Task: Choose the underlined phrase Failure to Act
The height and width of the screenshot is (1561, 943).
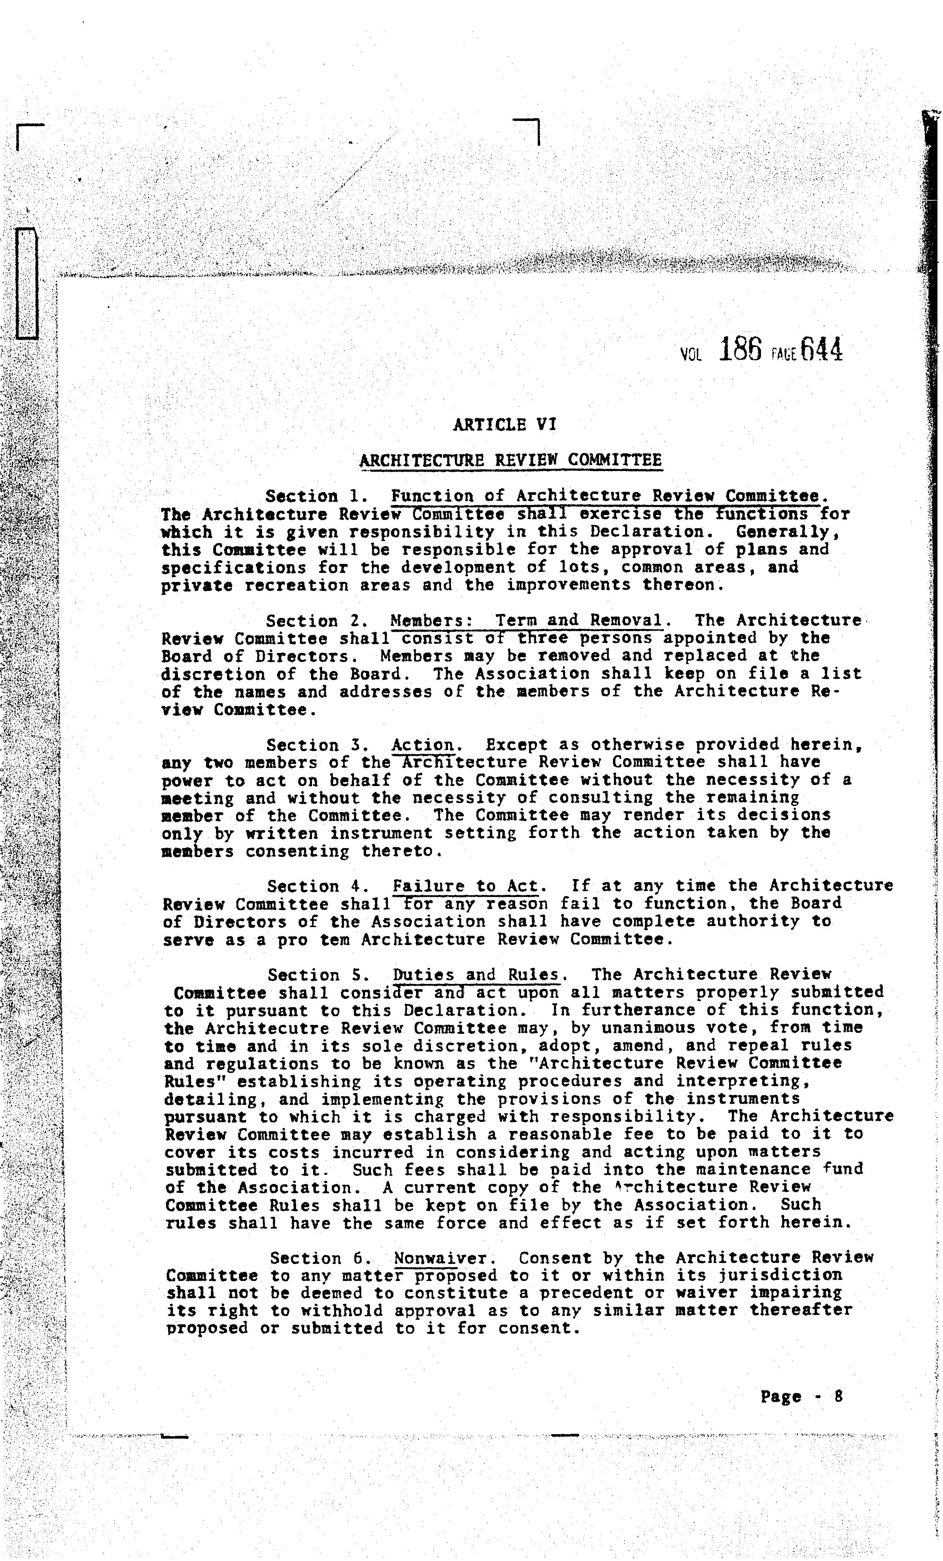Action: coord(465,886)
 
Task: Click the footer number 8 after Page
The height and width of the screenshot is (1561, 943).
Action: coord(838,1396)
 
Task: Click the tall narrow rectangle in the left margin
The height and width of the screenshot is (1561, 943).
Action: coord(27,283)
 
